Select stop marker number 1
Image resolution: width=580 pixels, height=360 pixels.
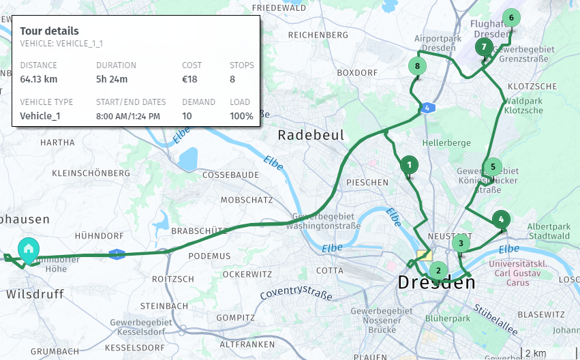409,164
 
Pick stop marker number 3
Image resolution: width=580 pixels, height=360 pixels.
461,243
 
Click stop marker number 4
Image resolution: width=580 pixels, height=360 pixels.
501,220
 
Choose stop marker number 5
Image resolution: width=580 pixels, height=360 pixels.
492,166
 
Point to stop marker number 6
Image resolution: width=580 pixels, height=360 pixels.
510,18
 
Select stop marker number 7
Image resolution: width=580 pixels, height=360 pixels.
484,47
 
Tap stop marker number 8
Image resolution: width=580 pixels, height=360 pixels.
417,66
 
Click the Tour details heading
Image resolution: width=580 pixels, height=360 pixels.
49,31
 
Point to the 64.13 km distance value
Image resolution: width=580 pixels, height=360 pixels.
39,79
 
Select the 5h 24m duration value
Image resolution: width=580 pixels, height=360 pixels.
112,79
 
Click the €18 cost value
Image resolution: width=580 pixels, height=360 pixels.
189,79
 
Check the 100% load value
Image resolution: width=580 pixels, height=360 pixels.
241,116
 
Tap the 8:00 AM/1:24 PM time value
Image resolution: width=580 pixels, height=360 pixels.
128,116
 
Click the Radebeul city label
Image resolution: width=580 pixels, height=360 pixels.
311,136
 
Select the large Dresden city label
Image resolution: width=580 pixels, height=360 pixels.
436,282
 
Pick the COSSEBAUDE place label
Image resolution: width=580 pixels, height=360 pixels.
231,175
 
